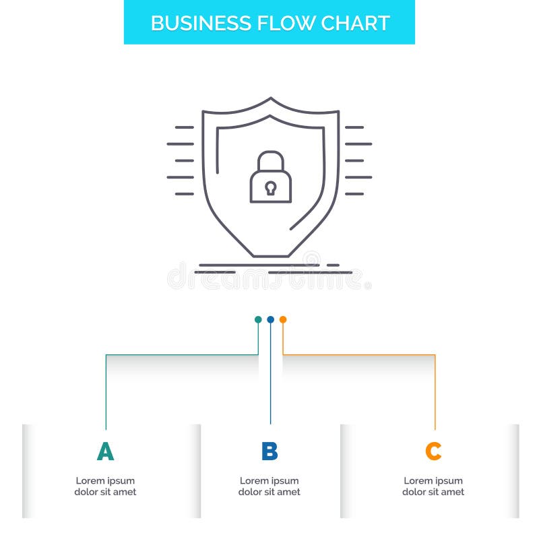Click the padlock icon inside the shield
coord(270,179)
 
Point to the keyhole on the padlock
coord(270,187)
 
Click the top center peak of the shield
coord(270,99)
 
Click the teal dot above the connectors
coord(258,319)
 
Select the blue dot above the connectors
coord(270,319)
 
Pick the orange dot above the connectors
coord(283,319)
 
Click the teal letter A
coord(105,451)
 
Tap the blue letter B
coord(269,451)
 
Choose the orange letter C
coord(433,451)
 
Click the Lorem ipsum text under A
coord(105,486)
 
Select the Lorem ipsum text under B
coord(269,486)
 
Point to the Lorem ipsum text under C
coord(433,486)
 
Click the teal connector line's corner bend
coord(106,354)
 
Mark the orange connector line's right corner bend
coord(435,354)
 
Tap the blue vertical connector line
coord(270,377)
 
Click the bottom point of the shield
coord(270,256)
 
